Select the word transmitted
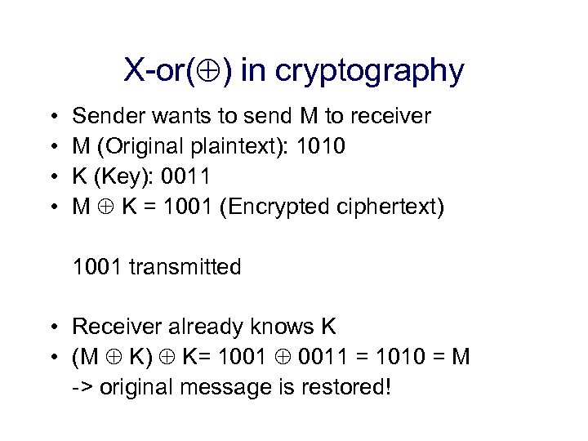(184, 267)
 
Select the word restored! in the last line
(351, 386)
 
